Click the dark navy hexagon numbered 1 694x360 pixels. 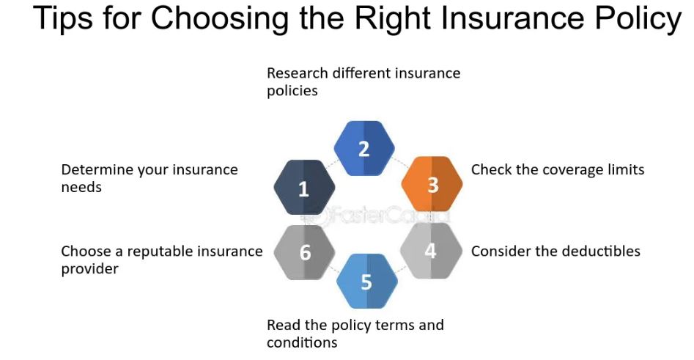tap(304, 188)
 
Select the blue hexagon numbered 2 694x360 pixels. tap(364, 149)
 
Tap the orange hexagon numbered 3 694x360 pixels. tap(432, 184)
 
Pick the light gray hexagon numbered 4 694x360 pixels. tap(432, 251)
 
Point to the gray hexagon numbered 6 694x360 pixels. tap(305, 253)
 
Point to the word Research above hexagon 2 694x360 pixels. tap(298, 73)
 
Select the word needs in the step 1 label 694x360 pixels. tap(81, 188)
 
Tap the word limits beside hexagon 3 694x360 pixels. tap(624, 169)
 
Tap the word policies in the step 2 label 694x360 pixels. tap(292, 91)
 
